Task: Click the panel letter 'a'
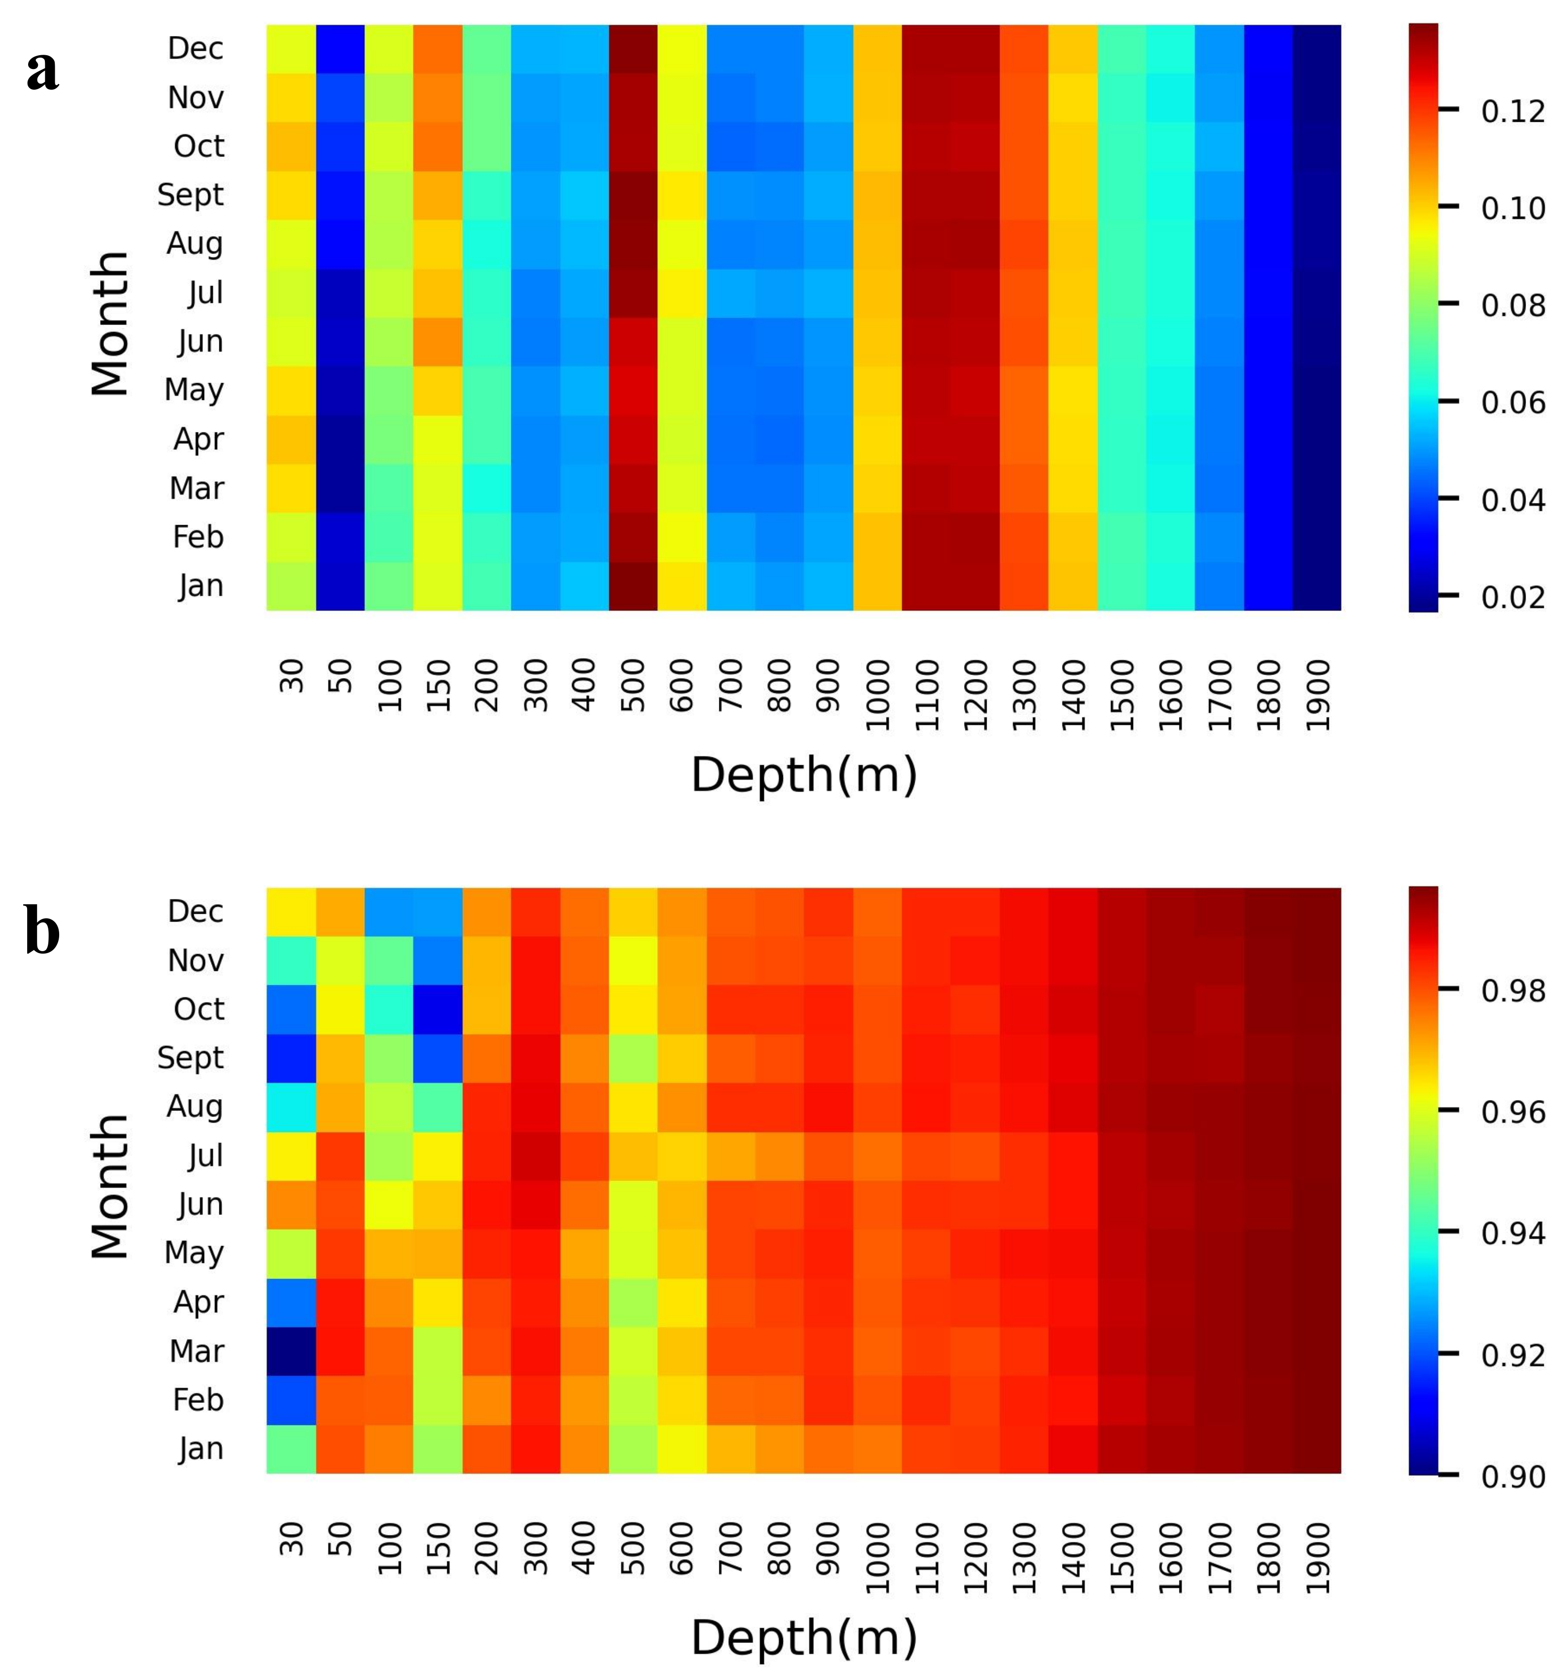click(x=42, y=71)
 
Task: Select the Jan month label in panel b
click(x=201, y=1448)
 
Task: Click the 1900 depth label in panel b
click(x=1317, y=1558)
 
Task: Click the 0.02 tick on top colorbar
click(x=1512, y=598)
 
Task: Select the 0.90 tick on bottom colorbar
click(x=1512, y=1477)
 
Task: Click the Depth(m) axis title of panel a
click(x=804, y=775)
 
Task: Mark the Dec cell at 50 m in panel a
click(x=340, y=49)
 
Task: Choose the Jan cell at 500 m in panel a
click(x=633, y=586)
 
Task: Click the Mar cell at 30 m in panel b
click(x=291, y=1351)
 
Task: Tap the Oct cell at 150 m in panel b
click(x=438, y=1009)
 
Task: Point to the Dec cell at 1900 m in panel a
click(x=1316, y=49)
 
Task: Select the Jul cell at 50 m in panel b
click(x=340, y=1156)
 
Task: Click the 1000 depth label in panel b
click(x=877, y=1558)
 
